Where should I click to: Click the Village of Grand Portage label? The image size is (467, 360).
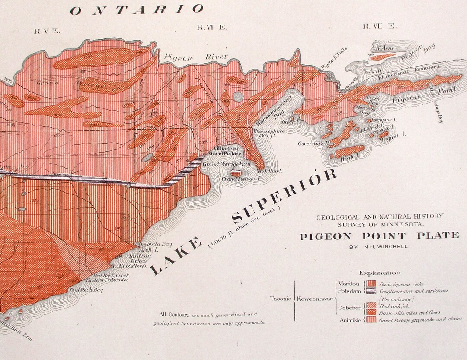224,151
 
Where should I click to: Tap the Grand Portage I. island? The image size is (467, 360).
236,174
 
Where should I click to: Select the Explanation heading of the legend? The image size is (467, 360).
380,273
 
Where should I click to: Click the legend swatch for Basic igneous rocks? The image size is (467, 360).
371,284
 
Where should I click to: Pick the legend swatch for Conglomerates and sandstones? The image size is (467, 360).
371,291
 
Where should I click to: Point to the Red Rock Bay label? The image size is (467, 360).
86,290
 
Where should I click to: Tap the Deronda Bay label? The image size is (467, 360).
155,244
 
